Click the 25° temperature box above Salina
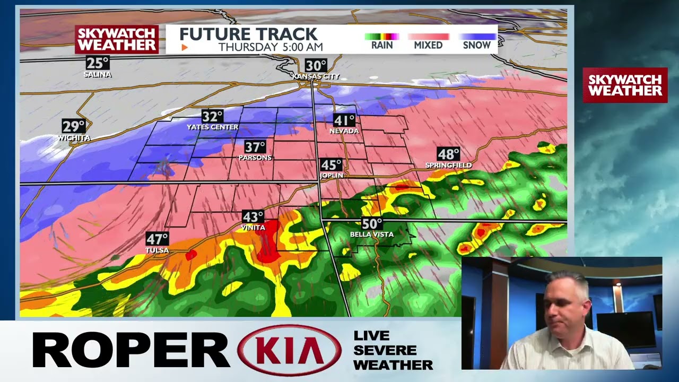pyautogui.click(x=98, y=63)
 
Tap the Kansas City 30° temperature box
pyautogui.click(x=316, y=66)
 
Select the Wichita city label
pyautogui.click(x=74, y=138)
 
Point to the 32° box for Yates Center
pyautogui.click(x=212, y=116)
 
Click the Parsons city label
pyautogui.click(x=255, y=158)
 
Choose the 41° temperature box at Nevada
pyautogui.click(x=344, y=120)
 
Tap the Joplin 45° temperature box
pyautogui.click(x=332, y=165)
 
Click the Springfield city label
pyautogui.click(x=448, y=166)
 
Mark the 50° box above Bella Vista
pyautogui.click(x=372, y=224)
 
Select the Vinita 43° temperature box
pyautogui.click(x=253, y=216)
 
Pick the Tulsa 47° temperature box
pyautogui.click(x=157, y=239)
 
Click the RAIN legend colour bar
pyautogui.click(x=381, y=37)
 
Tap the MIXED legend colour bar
pyautogui.click(x=428, y=37)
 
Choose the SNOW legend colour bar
pyautogui.click(x=477, y=37)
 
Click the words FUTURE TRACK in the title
pyautogui.click(x=248, y=34)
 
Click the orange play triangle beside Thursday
pyautogui.click(x=185, y=48)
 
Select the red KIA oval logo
pyautogui.click(x=290, y=350)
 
